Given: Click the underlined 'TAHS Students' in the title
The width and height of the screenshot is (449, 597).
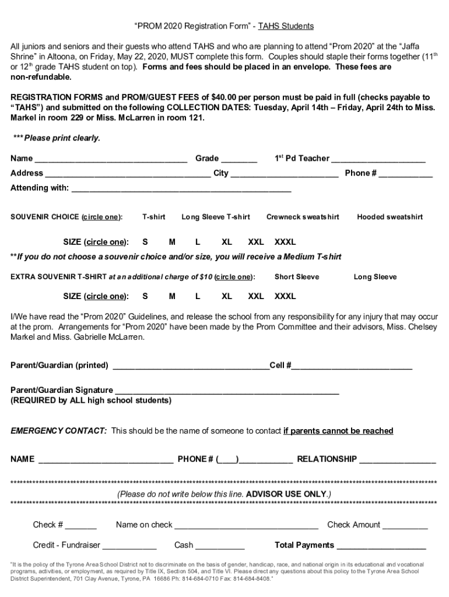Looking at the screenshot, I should pyautogui.click(x=286, y=26).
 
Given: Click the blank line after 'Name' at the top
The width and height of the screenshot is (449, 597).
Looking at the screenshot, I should pyautogui.click(x=111, y=159).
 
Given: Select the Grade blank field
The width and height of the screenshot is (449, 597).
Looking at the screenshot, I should pyautogui.click(x=239, y=159).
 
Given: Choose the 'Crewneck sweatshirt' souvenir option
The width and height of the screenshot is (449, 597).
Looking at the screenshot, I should pyautogui.click(x=303, y=217).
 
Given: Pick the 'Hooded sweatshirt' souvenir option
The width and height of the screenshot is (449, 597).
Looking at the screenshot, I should pyautogui.click(x=390, y=217).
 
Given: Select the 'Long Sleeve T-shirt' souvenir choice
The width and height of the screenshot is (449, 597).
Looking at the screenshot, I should pyautogui.click(x=216, y=217).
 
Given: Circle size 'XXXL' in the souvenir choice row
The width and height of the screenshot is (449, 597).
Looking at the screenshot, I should pyautogui.click(x=285, y=242).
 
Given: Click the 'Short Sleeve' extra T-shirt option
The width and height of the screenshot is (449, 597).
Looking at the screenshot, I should pyautogui.click(x=297, y=277).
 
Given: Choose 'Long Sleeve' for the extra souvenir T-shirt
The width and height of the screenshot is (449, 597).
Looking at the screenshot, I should pyautogui.click(x=375, y=277).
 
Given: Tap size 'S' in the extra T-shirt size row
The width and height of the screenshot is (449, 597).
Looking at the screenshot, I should pyautogui.click(x=145, y=296).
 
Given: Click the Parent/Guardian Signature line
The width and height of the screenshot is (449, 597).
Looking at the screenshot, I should pyautogui.click(x=227, y=391).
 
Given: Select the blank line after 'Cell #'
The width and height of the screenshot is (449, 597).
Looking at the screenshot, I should pyautogui.click(x=352, y=366).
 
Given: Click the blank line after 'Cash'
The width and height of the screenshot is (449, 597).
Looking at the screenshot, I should pyautogui.click(x=220, y=546).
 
